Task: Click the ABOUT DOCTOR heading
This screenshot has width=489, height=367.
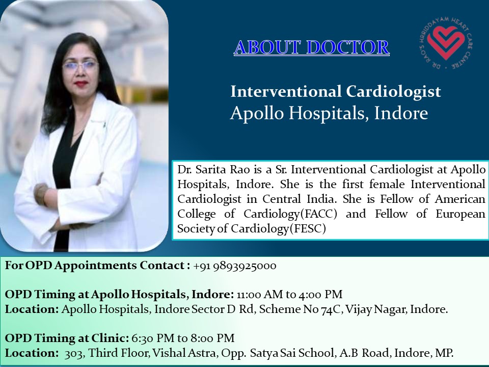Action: (x=311, y=47)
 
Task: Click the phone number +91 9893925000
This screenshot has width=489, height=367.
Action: (x=235, y=266)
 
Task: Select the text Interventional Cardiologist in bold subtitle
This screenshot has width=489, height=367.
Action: (x=335, y=92)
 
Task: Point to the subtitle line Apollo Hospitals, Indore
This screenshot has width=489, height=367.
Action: (x=329, y=113)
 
